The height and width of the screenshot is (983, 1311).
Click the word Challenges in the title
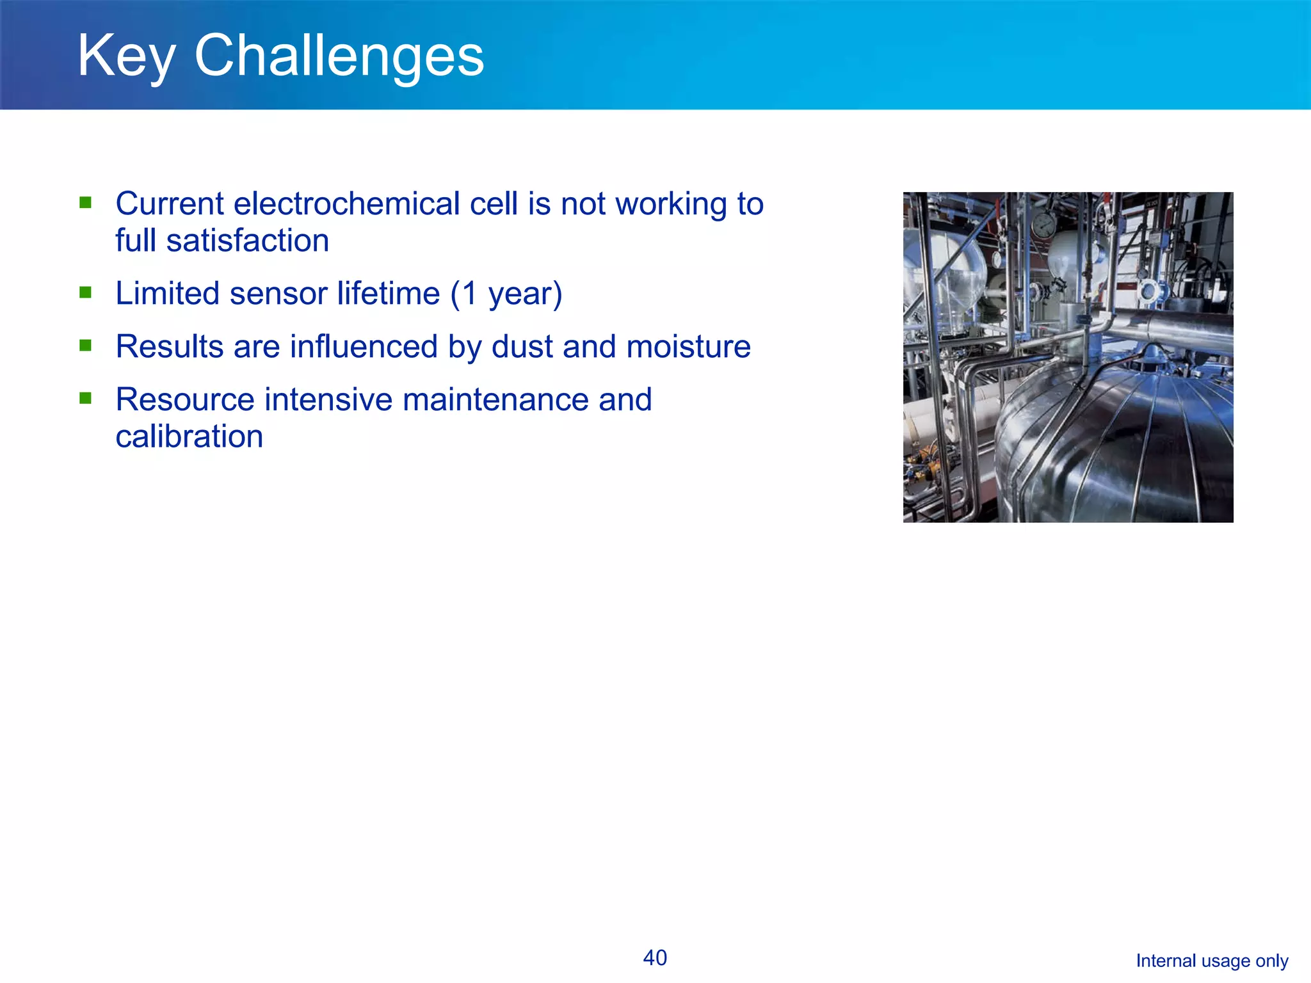click(339, 56)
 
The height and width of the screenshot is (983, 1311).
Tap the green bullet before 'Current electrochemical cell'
click(85, 203)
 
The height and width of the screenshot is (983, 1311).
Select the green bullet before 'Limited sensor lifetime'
click(85, 292)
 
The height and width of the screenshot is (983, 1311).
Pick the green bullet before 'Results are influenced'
click(85, 346)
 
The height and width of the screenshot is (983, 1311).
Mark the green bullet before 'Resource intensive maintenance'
click(85, 399)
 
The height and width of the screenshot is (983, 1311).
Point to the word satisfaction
click(247, 241)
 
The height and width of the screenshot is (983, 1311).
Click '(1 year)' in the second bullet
click(506, 294)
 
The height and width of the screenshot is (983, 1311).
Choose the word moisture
click(688, 347)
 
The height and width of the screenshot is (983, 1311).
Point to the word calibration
click(189, 437)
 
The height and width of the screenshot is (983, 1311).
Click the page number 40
click(655, 958)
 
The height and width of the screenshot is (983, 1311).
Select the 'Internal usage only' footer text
click(1211, 961)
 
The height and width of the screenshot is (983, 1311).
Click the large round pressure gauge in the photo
click(1043, 225)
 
